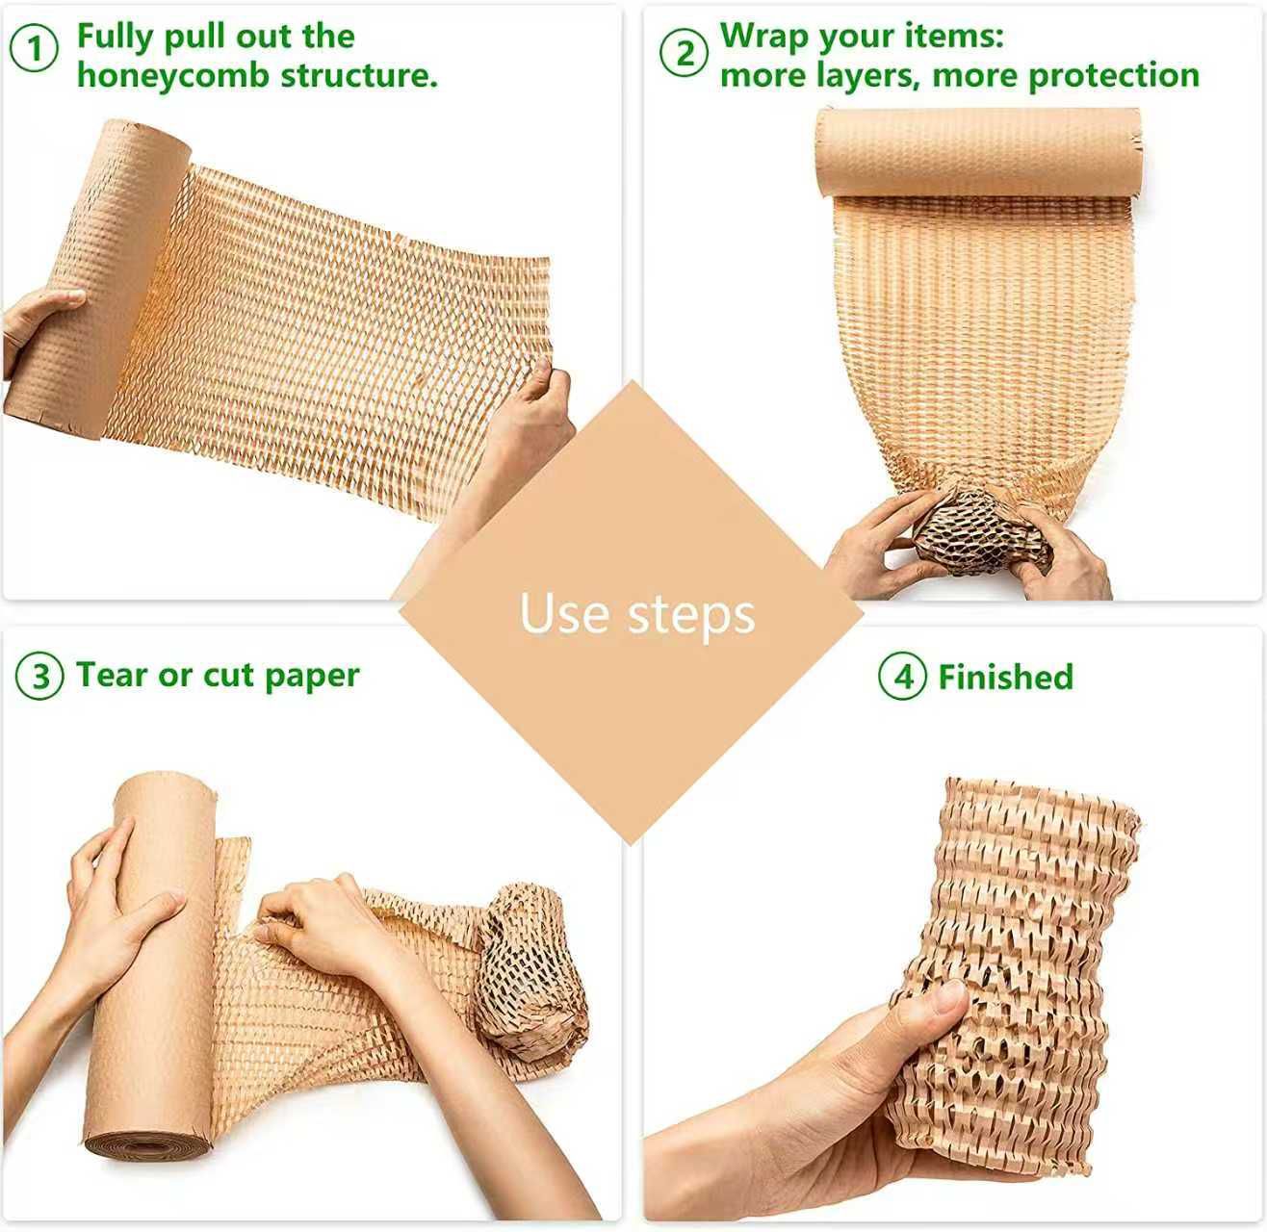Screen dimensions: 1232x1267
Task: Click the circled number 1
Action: click(36, 48)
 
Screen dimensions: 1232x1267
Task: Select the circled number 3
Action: click(40, 677)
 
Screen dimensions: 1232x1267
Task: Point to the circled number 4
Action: click(902, 677)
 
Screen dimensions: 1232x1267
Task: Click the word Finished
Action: click(1005, 677)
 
